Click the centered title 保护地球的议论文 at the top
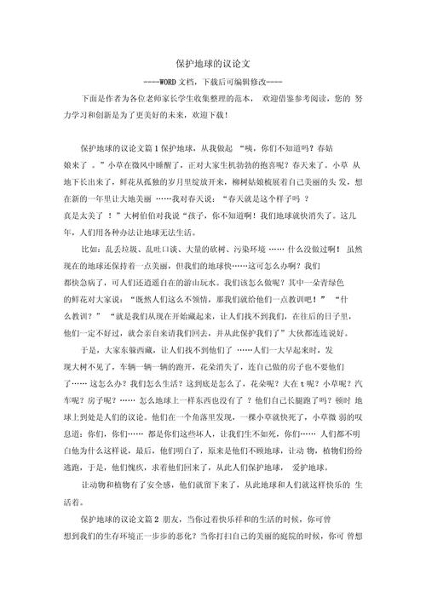point(213,64)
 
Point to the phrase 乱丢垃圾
point(121,249)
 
